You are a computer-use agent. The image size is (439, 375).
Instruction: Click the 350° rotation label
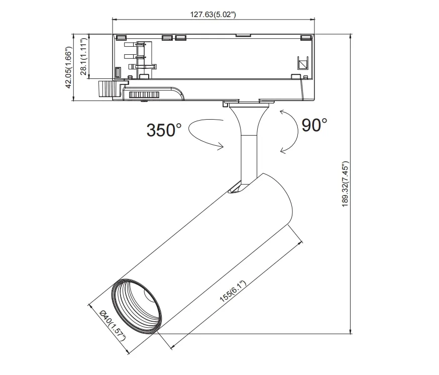click(164, 130)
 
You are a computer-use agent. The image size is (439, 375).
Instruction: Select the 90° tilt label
click(314, 125)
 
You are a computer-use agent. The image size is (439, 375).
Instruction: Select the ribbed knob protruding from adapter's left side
click(107, 89)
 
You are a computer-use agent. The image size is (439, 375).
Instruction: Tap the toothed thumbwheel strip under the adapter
click(144, 94)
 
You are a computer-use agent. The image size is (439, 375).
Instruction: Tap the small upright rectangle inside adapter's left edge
click(119, 72)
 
